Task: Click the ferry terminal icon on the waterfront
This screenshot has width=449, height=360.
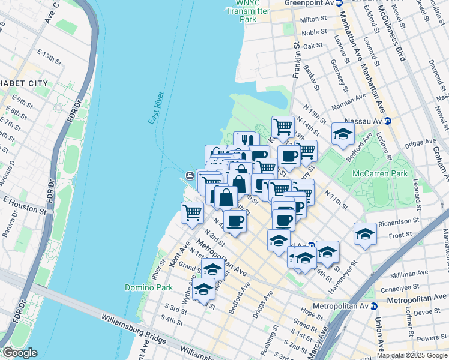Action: point(189,175)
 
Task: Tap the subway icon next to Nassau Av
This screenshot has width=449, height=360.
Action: point(388,121)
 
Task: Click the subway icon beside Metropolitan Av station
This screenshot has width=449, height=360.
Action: point(374,306)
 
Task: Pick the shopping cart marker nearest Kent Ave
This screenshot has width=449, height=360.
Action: point(192,212)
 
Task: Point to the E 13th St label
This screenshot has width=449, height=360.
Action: point(49,58)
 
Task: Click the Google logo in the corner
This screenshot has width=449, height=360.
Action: point(19,353)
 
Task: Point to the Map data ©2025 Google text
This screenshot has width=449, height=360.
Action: point(412,355)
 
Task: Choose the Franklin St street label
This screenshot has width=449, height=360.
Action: point(295,60)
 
